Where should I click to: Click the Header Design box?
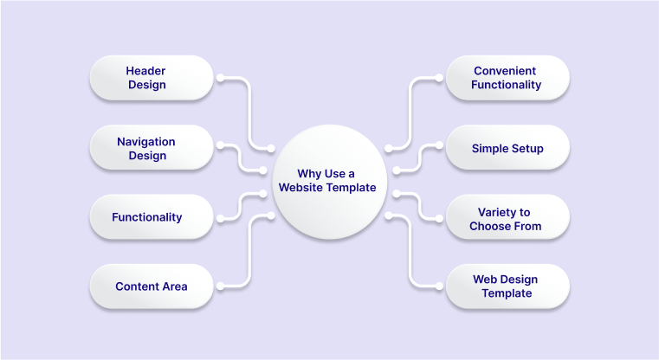click(151, 78)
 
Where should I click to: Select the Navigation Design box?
click(151, 148)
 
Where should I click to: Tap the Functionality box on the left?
click(151, 217)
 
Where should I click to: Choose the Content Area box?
click(151, 286)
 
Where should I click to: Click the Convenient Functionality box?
click(507, 78)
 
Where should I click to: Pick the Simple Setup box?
click(507, 148)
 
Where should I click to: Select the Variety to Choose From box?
click(507, 219)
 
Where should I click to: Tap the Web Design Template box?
click(507, 286)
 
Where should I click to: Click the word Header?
click(145, 70)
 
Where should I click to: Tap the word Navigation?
click(145, 141)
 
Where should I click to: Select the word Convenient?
click(505, 70)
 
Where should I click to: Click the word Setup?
click(527, 148)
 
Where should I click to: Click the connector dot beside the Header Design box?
click(220, 79)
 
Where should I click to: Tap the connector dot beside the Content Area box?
click(220, 286)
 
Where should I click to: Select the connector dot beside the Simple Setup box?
click(438, 148)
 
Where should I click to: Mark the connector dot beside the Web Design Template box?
click(438, 286)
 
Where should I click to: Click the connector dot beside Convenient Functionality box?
click(438, 79)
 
